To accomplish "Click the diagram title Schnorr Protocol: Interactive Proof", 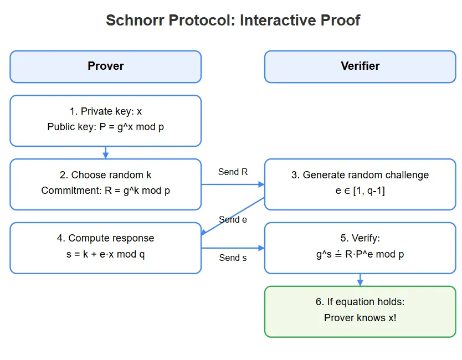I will click(233, 20).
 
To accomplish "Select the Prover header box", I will click(105, 66).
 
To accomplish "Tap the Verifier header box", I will click(360, 66).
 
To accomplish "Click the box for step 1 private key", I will click(105, 120).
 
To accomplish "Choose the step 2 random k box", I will click(105, 184).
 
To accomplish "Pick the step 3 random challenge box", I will click(360, 184).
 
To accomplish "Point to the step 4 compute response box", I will click(105, 248).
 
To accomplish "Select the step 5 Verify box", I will click(360, 248).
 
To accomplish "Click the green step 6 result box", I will click(360, 311).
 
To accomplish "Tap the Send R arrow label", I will click(233, 172).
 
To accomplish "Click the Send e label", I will click(233, 219).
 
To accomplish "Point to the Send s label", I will click(233, 258).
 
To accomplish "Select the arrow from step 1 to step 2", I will click(105, 152).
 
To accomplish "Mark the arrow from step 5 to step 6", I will click(360, 280).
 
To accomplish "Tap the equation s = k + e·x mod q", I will click(105, 254).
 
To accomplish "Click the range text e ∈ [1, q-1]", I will click(360, 191).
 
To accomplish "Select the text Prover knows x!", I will click(360, 318).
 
